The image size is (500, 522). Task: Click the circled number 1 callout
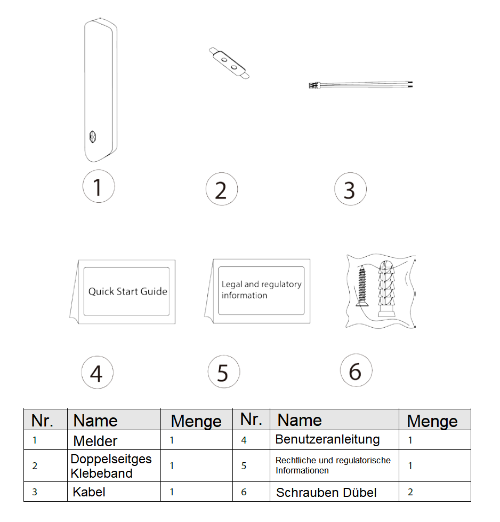pyautogui.click(x=99, y=187)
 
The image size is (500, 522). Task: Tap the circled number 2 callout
pyautogui.click(x=221, y=189)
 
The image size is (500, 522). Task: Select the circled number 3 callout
pyautogui.click(x=350, y=189)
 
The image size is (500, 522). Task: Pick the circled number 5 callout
pyautogui.click(x=223, y=372)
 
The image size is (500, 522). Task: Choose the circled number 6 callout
pyautogui.click(x=356, y=370)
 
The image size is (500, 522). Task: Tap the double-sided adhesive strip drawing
pyautogui.click(x=228, y=64)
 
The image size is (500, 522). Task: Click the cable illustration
pyautogui.click(x=362, y=84)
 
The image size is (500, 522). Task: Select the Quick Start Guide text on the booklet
pyautogui.click(x=127, y=291)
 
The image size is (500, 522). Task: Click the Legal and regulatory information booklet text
pyautogui.click(x=261, y=290)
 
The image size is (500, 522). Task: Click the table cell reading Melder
pyautogui.click(x=95, y=441)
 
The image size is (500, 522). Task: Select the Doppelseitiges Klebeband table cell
pyautogui.click(x=111, y=465)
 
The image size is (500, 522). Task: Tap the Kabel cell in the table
pyautogui.click(x=89, y=492)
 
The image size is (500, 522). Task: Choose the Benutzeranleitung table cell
pyautogui.click(x=327, y=440)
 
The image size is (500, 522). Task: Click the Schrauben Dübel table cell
pyautogui.click(x=326, y=492)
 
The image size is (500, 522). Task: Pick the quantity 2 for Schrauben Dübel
pyautogui.click(x=410, y=492)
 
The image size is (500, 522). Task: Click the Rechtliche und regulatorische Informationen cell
pyautogui.click(x=333, y=465)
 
